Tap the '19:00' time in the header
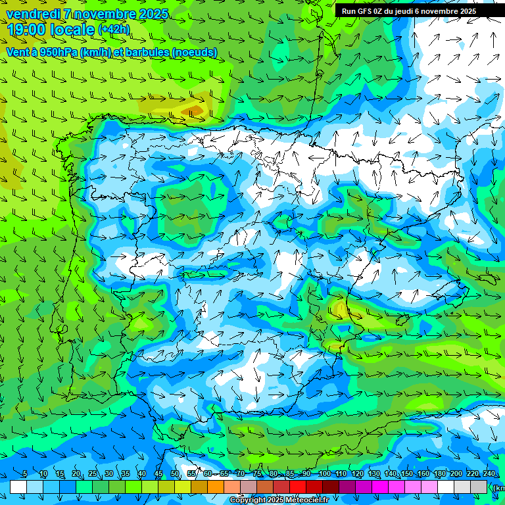pos(25,30)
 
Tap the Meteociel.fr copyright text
pos(279,500)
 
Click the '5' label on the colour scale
pos(25,474)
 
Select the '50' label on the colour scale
pos(175,474)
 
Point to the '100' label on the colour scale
pos(324,474)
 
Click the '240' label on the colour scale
pos(489,474)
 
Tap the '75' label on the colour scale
pos(258,474)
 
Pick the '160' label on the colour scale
pos(423,474)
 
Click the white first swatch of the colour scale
pos(18,487)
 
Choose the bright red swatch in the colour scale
pos(298,487)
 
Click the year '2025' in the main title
pos(151,14)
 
